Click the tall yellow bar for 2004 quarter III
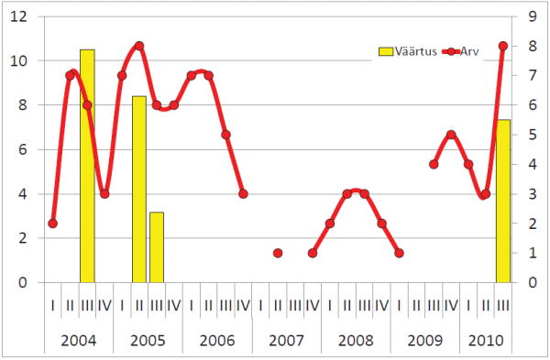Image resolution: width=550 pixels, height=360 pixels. coord(87,166)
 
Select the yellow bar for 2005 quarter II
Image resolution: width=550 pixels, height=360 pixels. coord(139,190)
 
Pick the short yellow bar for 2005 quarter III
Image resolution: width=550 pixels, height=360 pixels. coord(157,247)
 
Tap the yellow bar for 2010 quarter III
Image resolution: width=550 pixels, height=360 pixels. coord(503,201)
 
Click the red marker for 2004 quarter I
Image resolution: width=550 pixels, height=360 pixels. coord(52,224)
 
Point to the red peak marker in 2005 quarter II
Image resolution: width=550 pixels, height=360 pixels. coord(139,46)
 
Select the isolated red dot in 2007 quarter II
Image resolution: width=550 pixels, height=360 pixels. coord(278,253)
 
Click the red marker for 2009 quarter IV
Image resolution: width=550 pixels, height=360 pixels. coord(451,135)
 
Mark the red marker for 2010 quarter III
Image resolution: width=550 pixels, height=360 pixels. coord(503,46)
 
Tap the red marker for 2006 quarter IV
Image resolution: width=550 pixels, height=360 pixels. coord(243,194)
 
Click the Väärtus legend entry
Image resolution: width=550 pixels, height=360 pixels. coord(408,51)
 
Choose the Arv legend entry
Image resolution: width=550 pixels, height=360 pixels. coord(460,51)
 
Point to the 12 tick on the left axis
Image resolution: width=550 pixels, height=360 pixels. coord(18,16)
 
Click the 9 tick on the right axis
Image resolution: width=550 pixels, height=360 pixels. coord(533,16)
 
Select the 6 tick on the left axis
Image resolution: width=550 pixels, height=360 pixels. coord(23,149)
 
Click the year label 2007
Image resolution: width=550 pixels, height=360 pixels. coord(286,341)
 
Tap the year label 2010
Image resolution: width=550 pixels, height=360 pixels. coord(486,341)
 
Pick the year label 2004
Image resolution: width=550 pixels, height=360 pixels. coord(79,341)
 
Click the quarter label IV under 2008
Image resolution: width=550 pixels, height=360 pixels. coord(381,306)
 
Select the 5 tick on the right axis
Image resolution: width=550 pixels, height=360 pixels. coord(533,135)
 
